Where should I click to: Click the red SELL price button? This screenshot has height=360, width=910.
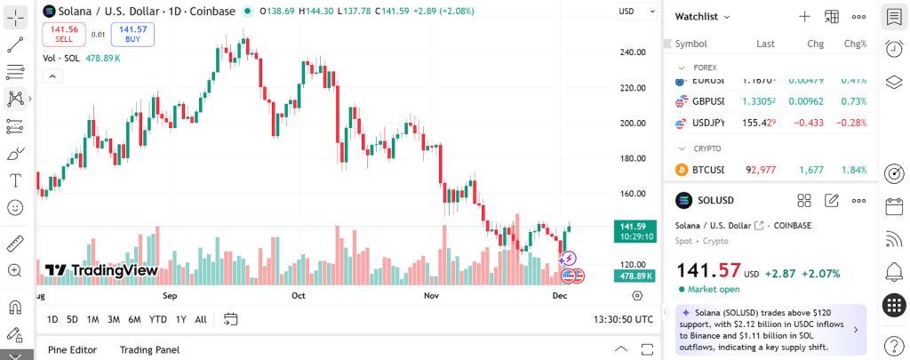[64, 34]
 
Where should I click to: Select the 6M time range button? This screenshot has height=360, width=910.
[134, 319]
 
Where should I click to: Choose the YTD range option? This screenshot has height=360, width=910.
[157, 319]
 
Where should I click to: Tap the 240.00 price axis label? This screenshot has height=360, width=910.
[633, 52]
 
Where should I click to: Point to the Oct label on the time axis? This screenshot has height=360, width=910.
[299, 295]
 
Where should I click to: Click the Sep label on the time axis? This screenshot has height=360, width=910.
[170, 295]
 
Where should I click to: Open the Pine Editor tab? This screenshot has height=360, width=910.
[72, 349]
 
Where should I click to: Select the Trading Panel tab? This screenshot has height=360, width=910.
[149, 349]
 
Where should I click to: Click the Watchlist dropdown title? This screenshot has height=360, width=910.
[702, 16]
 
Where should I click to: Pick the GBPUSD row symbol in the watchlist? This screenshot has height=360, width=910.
[707, 101]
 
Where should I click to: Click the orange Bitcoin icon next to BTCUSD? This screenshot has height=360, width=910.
[682, 170]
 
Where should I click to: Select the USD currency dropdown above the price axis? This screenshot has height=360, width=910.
[630, 12]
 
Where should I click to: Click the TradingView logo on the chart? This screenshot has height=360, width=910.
[101, 270]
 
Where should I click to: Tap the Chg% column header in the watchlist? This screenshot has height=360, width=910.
[855, 44]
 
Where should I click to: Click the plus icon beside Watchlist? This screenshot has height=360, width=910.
[804, 16]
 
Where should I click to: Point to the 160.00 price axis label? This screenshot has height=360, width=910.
[633, 194]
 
